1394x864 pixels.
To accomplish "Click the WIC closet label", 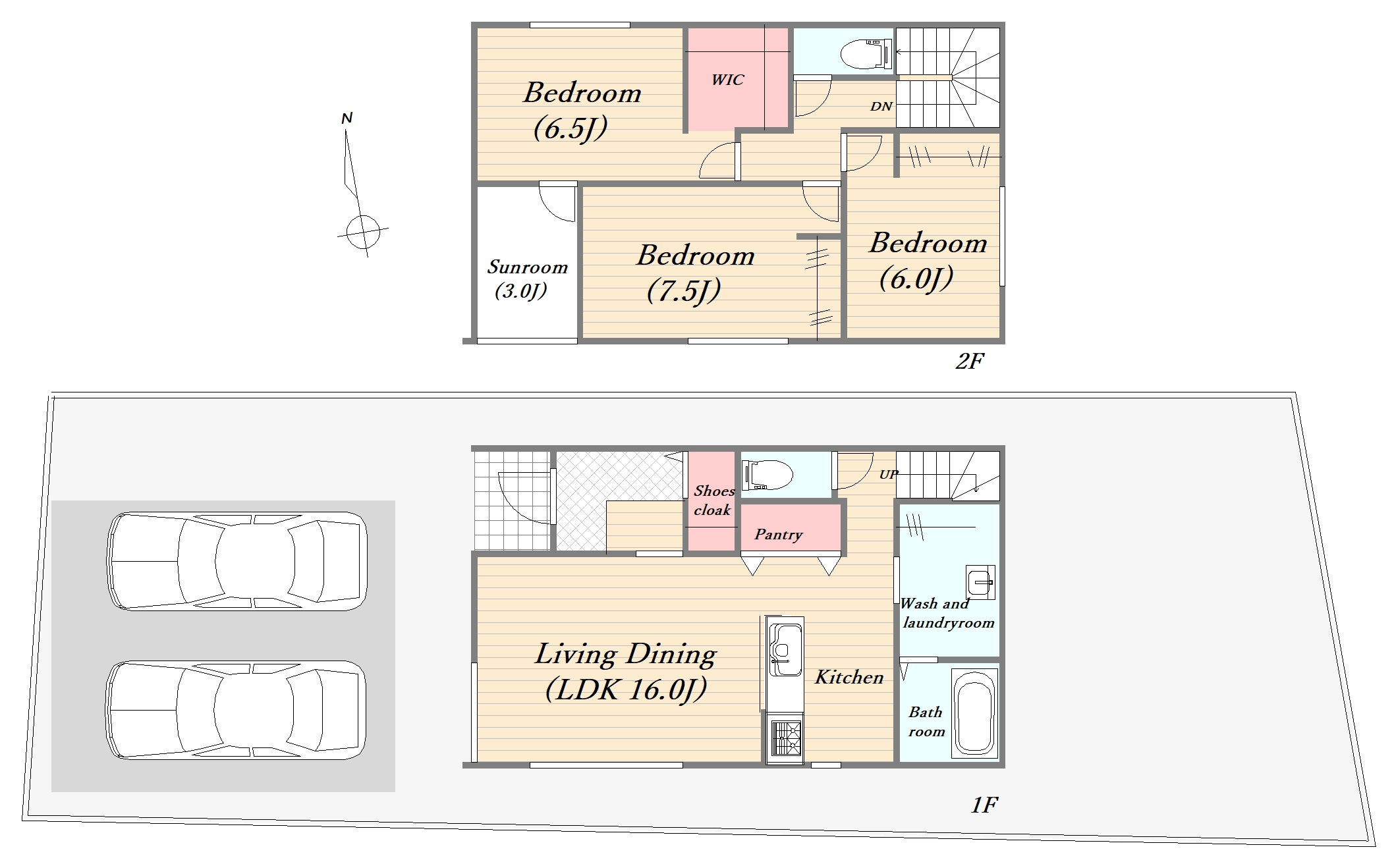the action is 727,80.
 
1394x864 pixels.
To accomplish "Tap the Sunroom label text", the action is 527,267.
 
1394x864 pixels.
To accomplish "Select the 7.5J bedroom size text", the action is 684,290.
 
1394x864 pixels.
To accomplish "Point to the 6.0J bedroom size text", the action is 916,279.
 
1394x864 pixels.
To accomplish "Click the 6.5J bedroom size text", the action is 571,128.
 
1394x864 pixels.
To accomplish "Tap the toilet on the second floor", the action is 867,53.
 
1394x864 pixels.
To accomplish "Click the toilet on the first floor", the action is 767,475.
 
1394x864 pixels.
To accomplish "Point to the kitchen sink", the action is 785,649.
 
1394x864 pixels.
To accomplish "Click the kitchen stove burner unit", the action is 785,739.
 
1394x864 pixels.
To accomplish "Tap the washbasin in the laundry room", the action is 980,581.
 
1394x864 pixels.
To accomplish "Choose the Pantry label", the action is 779,534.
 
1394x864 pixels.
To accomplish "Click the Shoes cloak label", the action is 713,500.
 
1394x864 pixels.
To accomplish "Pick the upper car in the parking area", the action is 237,561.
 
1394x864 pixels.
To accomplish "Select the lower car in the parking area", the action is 236,710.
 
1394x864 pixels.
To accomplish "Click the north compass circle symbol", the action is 363,232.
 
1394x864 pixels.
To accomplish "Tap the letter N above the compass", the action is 347,119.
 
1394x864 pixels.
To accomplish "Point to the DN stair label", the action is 881,106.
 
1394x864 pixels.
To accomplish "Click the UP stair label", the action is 888,474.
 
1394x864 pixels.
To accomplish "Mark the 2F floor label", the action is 970,361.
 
